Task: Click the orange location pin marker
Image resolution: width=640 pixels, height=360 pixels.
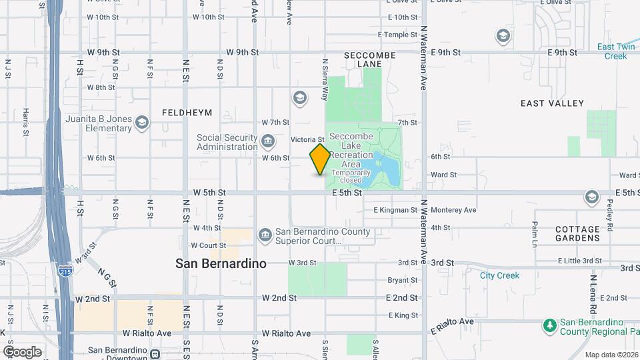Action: point(320,159)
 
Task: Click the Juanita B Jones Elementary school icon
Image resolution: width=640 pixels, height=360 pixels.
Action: point(141,123)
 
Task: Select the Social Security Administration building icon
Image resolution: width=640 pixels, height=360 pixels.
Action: point(267,141)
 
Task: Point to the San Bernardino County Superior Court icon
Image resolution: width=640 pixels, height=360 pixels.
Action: point(265,235)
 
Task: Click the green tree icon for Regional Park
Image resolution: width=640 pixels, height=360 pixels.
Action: point(549,326)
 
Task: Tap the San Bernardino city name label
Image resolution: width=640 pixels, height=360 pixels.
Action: point(221,263)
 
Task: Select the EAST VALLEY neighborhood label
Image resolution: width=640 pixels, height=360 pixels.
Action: point(552,103)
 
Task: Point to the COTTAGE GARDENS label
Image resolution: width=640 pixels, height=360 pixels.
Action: point(577,233)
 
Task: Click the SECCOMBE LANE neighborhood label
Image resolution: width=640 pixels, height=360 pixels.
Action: point(369,59)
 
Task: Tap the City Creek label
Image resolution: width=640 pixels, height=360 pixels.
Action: point(499,275)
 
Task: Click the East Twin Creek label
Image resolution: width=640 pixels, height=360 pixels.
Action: point(615,51)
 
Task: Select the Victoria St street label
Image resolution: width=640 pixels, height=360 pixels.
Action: point(307,139)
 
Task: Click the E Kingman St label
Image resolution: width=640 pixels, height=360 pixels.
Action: point(395,210)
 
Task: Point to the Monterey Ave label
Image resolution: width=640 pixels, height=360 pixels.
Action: point(453,210)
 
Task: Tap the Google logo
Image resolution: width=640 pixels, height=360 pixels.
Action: point(22,351)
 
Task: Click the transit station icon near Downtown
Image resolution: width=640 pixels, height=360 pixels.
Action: point(155,353)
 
